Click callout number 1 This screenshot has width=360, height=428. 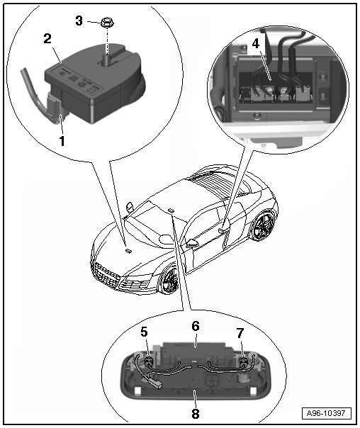(62, 142)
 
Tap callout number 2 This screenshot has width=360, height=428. (47, 38)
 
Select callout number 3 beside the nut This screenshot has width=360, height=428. (79, 21)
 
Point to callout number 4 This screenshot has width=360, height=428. (255, 44)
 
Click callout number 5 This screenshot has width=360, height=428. (144, 332)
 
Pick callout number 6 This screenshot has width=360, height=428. (196, 326)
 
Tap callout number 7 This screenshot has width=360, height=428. (240, 333)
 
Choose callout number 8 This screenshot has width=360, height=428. (196, 414)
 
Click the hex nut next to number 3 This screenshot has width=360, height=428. (107, 23)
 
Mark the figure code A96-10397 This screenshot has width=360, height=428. (326, 413)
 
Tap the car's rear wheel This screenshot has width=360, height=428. (263, 225)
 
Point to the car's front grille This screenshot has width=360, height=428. (106, 275)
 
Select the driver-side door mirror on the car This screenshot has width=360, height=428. (192, 242)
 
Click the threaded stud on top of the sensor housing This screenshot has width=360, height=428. (106, 58)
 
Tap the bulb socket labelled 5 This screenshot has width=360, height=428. (148, 362)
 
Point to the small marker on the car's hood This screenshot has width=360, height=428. (128, 250)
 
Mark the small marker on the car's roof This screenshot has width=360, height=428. (171, 210)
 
